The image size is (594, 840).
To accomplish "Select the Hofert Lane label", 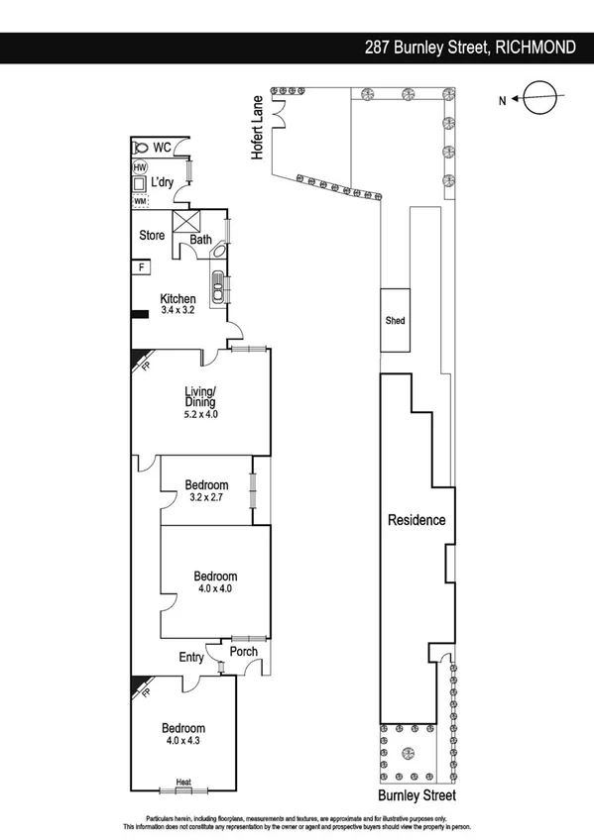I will point(257,127).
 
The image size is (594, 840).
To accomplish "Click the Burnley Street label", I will point(416,794).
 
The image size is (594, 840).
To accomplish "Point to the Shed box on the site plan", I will point(396,320).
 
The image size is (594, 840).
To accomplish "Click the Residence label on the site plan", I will point(416,520).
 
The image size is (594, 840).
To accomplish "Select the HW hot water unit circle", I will point(140,168).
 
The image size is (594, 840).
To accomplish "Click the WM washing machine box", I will point(140,201).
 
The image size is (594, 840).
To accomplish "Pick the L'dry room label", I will point(163,183).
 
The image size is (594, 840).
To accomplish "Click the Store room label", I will point(151,236).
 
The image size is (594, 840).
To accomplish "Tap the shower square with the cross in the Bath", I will point(185,221).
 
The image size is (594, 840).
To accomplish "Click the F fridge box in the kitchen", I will point(142,267).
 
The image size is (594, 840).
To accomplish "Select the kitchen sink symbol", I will point(218,280).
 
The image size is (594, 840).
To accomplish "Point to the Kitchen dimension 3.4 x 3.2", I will point(178,310).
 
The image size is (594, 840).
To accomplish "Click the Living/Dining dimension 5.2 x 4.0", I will point(199,415).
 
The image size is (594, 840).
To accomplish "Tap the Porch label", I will point(244,651).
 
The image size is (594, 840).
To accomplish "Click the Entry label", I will point(191,657).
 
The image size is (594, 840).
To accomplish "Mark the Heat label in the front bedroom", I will point(183,783).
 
